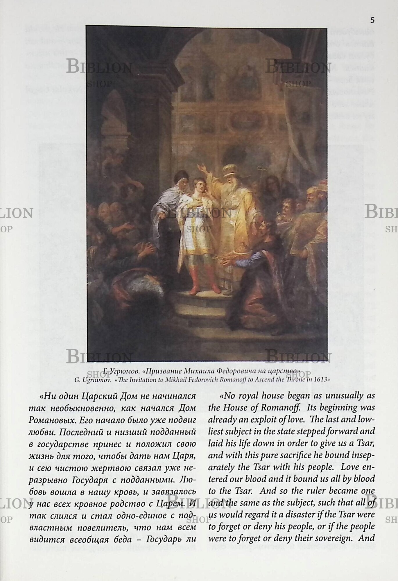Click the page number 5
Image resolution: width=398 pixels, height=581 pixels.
pyautogui.click(x=372, y=20)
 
